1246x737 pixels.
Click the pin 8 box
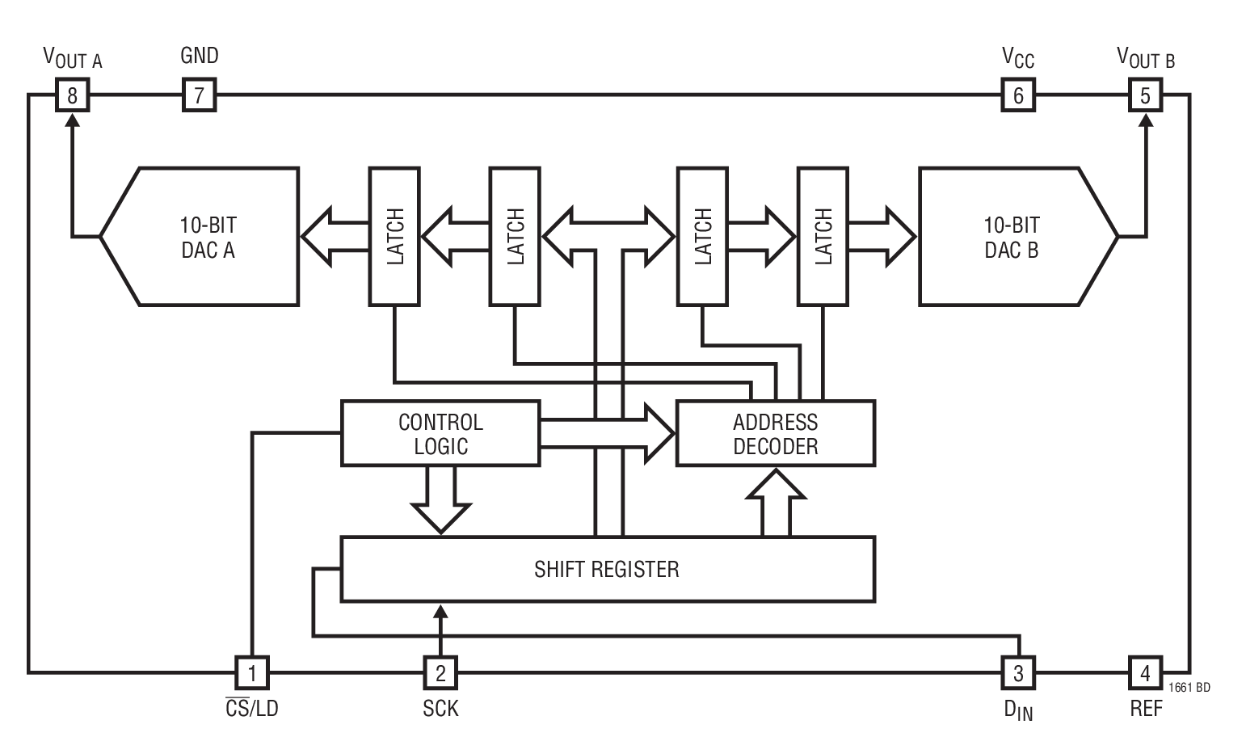coord(72,96)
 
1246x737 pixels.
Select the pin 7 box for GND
coord(199,96)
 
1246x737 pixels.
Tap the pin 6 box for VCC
coord(1017,96)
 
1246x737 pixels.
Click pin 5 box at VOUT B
coord(1144,96)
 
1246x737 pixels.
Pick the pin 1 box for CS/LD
coord(252,672)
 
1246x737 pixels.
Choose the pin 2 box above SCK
coord(440,672)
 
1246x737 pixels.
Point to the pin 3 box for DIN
coord(1017,672)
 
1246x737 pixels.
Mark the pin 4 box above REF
coord(1144,672)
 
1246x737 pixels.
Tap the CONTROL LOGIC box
coord(440,434)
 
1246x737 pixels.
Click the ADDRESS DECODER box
coord(775,434)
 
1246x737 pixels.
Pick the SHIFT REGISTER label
coord(606,569)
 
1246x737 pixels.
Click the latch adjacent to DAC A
coord(394,237)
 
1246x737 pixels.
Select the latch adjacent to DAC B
coord(823,237)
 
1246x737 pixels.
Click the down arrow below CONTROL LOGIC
coord(440,501)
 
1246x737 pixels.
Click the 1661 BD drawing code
coord(1189,688)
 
